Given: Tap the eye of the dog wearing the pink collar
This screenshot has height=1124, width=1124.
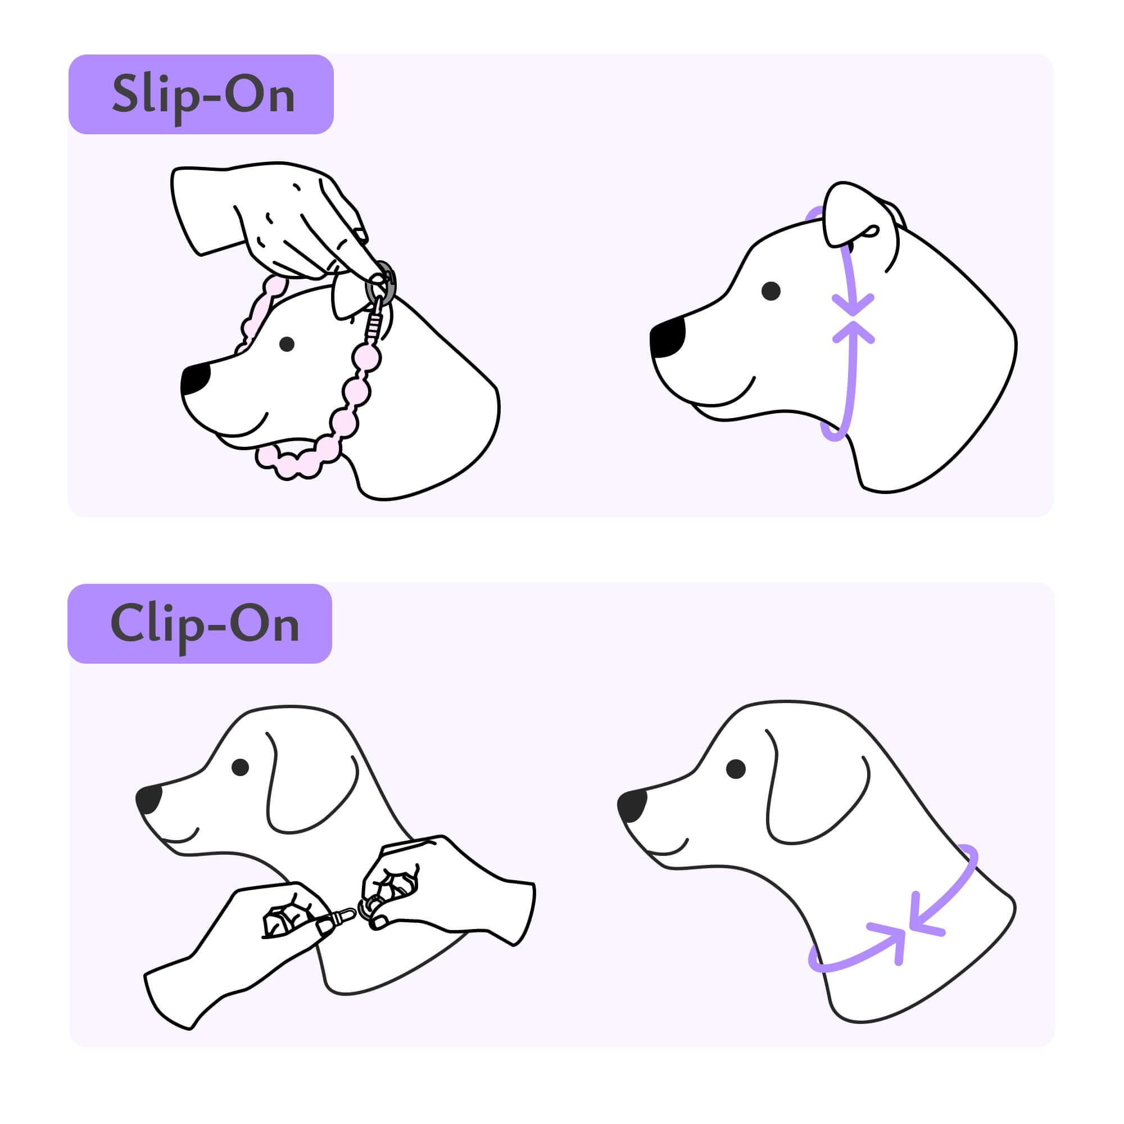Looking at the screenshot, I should point(287,344).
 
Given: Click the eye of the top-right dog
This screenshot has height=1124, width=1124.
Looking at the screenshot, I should point(771,291).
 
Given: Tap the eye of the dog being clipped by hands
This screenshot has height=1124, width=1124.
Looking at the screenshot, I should point(241,767).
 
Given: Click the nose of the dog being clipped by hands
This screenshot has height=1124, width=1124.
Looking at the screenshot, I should point(149,799).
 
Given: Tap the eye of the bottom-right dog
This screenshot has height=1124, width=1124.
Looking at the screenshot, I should point(736,768).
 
